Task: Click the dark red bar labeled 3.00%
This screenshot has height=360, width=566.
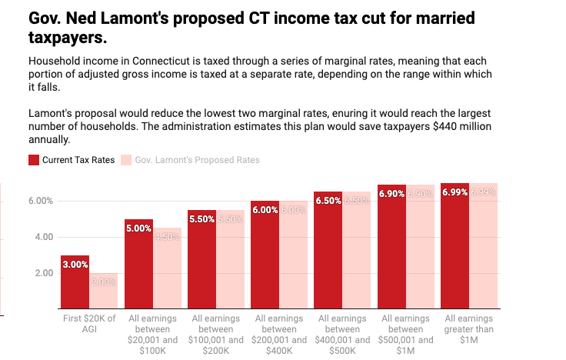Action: click(75, 282)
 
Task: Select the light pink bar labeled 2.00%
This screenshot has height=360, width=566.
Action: click(104, 291)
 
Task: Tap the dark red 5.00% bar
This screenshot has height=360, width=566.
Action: click(138, 264)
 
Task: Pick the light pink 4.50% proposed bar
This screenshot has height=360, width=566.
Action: click(167, 268)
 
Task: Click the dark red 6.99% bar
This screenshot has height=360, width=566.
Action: click(455, 246)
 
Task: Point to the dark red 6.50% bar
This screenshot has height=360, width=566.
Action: click(328, 250)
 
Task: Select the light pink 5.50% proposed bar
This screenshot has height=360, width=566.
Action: click(231, 259)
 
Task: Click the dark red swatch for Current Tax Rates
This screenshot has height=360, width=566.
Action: click(34, 160)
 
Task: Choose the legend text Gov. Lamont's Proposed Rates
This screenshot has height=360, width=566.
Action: click(197, 160)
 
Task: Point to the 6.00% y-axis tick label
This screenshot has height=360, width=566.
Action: click(40, 201)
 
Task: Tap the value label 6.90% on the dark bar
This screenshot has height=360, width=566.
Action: click(391, 194)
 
